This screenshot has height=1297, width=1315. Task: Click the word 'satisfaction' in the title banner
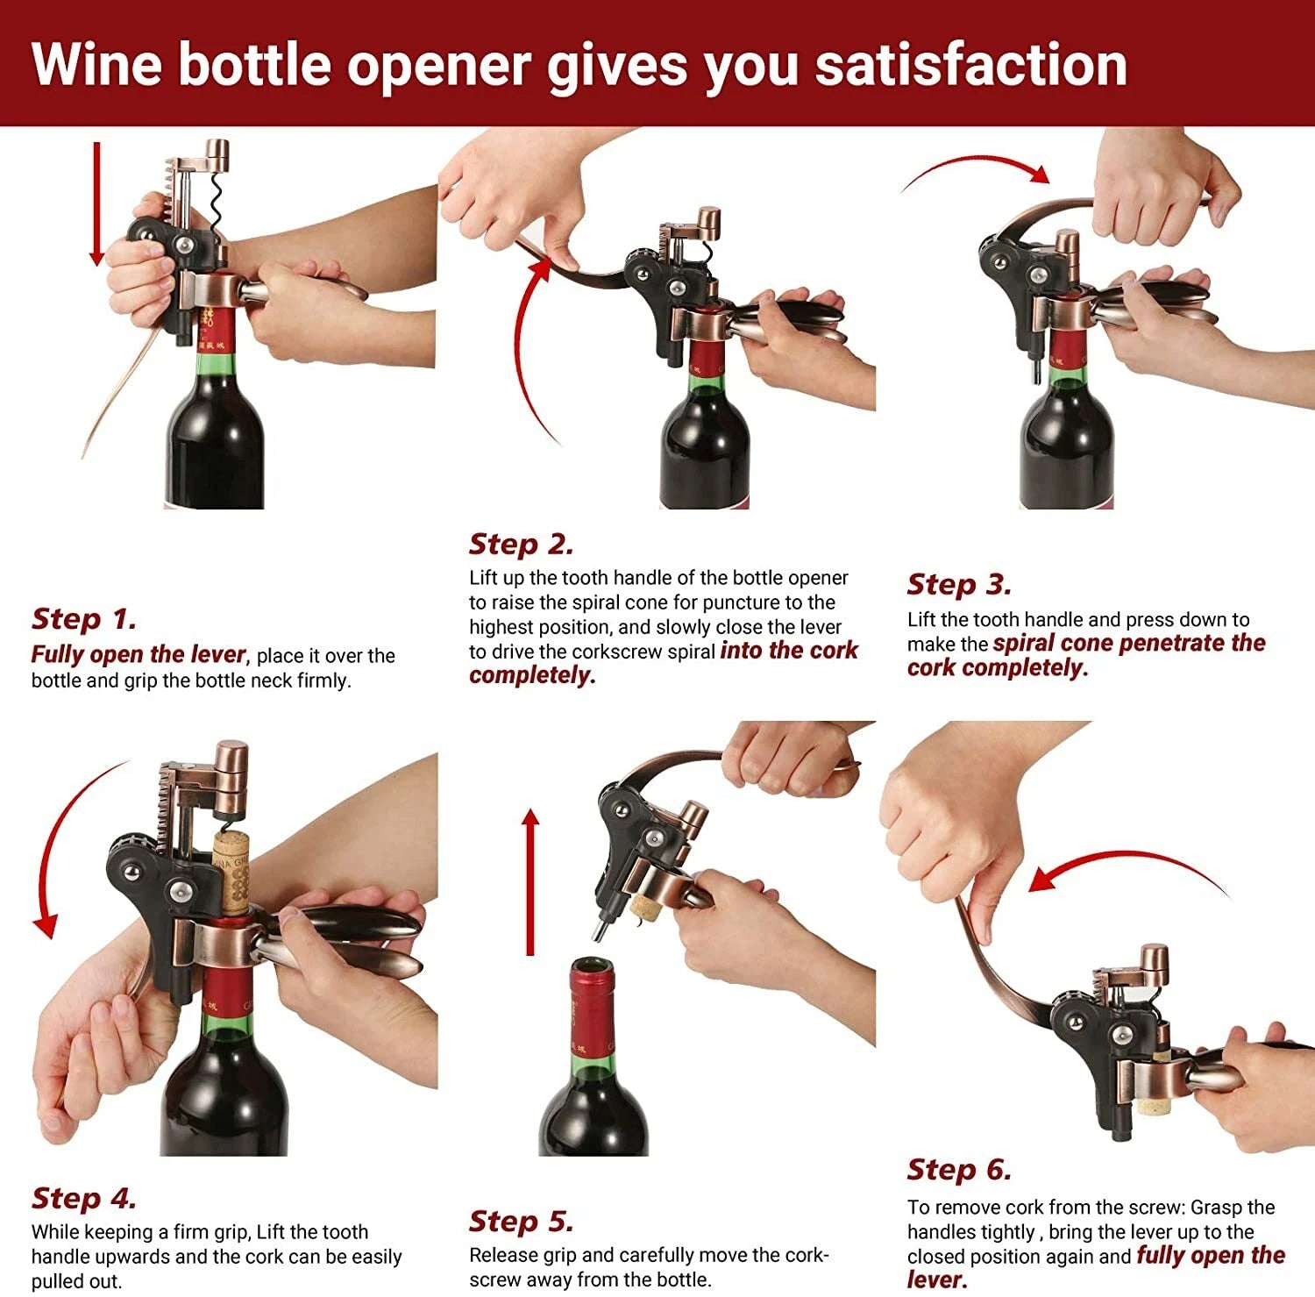pos(970,65)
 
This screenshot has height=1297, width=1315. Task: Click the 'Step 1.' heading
pos(84,619)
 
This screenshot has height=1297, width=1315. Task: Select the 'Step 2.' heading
pos(521,544)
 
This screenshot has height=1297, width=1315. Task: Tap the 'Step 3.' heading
pos(959,584)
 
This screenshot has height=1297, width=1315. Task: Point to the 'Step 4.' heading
pos(84,1198)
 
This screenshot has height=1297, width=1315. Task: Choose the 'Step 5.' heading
pos(521,1221)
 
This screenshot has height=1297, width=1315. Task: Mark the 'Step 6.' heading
pos(959,1169)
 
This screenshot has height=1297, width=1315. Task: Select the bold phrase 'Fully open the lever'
pos(139,655)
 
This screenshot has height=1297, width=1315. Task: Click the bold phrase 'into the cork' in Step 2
pos(788,651)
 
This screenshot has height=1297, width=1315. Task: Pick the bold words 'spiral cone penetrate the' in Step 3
pos(1128,643)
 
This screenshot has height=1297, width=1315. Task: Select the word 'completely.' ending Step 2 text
pos(531,675)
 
